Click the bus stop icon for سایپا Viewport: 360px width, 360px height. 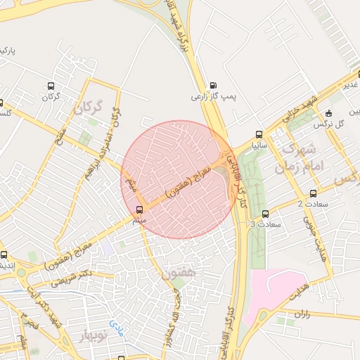[259, 135]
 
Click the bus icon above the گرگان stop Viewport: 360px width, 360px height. [51, 85]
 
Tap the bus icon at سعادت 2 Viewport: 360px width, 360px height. [313, 193]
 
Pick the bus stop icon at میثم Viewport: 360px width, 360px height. [139, 210]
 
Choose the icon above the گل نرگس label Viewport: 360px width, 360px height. [328, 114]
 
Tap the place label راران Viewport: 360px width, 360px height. [302, 314]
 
